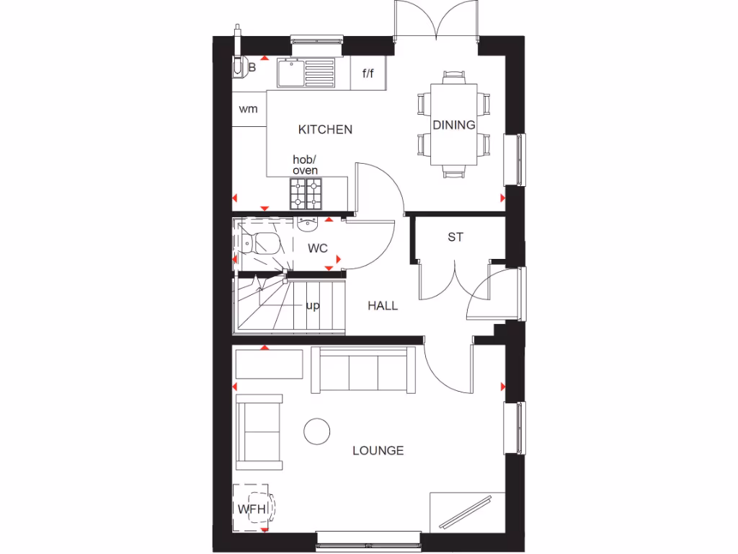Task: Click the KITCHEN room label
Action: click(x=325, y=130)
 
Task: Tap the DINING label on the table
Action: click(x=454, y=125)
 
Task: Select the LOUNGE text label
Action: click(x=378, y=451)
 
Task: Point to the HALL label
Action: click(x=383, y=306)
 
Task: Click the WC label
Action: click(x=318, y=248)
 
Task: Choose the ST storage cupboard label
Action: click(x=455, y=237)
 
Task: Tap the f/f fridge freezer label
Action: click(x=368, y=74)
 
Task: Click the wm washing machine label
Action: click(x=248, y=110)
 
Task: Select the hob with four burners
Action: click(x=308, y=193)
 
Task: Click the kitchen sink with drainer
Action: click(x=306, y=73)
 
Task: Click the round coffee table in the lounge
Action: click(x=316, y=431)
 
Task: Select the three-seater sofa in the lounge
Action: click(x=363, y=371)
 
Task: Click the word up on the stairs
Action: click(x=312, y=306)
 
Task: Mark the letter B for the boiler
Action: click(x=252, y=68)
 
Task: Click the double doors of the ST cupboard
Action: click(x=454, y=281)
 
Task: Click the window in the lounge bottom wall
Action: click(x=368, y=537)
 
